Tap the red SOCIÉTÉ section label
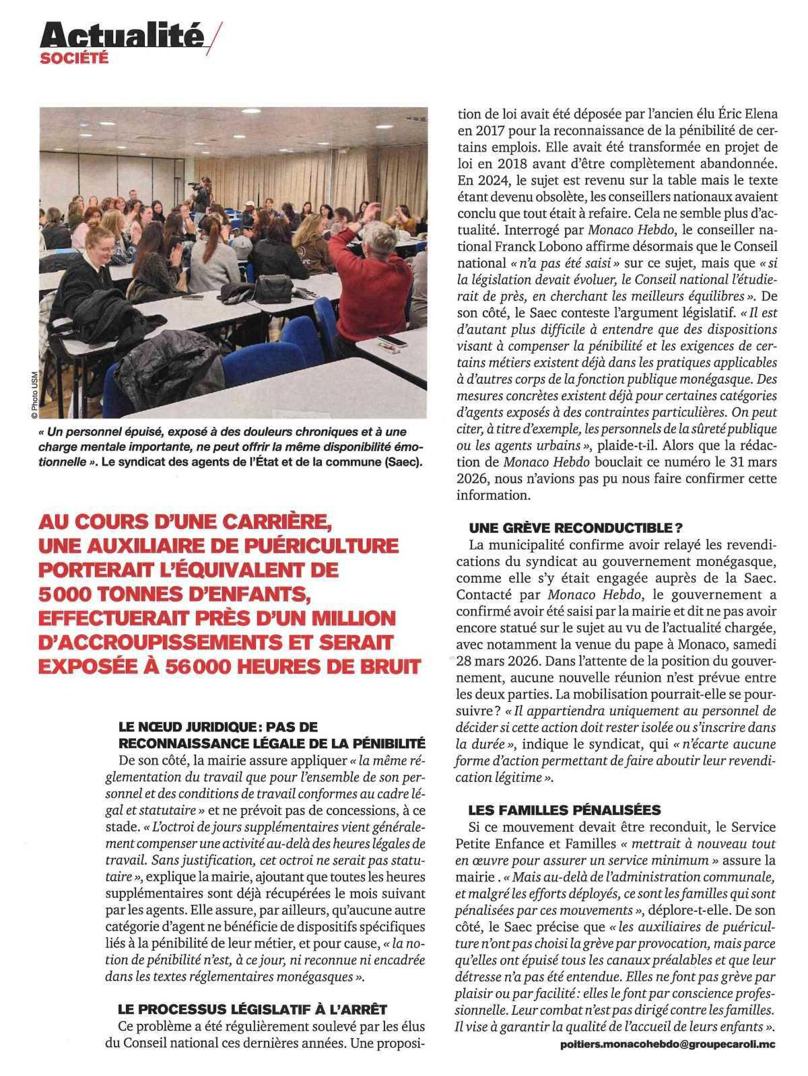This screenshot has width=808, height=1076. pyautogui.click(x=74, y=59)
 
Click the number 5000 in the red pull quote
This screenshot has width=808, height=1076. pyautogui.click(x=65, y=594)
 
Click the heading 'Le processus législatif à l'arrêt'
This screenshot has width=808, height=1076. pyautogui.click(x=252, y=1009)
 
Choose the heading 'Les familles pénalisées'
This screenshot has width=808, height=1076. pyautogui.click(x=564, y=810)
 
